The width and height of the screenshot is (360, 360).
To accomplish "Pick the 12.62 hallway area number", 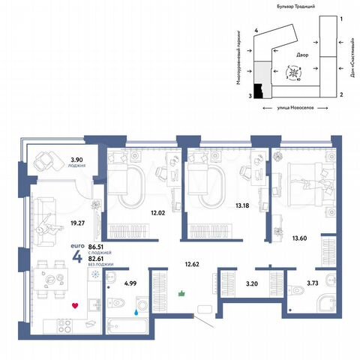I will [x=194, y=264].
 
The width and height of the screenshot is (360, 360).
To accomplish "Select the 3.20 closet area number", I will [x=251, y=285].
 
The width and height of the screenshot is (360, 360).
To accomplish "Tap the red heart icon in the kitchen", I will [x=74, y=306].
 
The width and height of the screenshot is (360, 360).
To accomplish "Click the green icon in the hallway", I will [x=180, y=295].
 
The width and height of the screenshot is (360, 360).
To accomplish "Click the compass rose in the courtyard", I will [x=295, y=72].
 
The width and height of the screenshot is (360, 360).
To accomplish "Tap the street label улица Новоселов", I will [x=295, y=108].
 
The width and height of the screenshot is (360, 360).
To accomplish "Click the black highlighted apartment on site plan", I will [x=259, y=91].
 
